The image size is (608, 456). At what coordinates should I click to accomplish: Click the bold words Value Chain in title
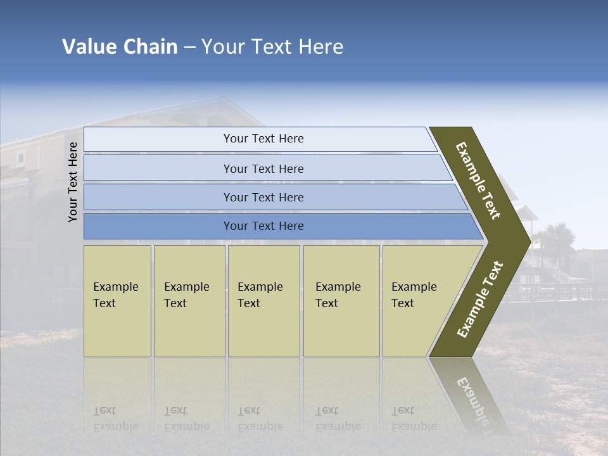pyautogui.click(x=120, y=47)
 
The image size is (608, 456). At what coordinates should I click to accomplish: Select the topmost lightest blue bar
pyautogui.click(x=260, y=139)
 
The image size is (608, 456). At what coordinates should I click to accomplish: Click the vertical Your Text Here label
pyautogui.click(x=73, y=182)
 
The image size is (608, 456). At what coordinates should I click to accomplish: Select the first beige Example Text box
pyautogui.click(x=117, y=301)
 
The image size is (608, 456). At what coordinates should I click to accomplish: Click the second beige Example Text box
pyautogui.click(x=189, y=301)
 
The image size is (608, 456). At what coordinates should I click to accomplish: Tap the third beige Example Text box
pyautogui.click(x=263, y=301)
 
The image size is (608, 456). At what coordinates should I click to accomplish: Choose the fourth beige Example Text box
pyautogui.click(x=341, y=301)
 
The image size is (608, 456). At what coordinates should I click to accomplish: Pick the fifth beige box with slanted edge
pyautogui.click(x=418, y=301)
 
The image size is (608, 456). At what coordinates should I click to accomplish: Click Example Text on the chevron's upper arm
pyautogui.click(x=478, y=181)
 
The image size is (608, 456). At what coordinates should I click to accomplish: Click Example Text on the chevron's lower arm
pyautogui.click(x=480, y=300)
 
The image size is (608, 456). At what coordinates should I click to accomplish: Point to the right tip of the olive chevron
pyautogui.click(x=529, y=241)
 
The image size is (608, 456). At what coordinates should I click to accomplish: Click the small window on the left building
pyautogui.click(x=21, y=158)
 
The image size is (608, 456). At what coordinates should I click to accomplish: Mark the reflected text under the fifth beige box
pyautogui.click(x=413, y=419)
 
